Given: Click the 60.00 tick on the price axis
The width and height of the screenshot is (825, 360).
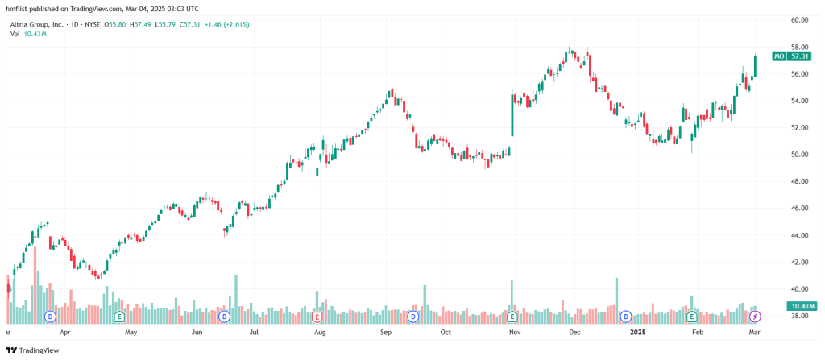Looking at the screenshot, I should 799,19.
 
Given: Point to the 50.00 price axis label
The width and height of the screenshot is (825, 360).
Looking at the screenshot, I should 799,154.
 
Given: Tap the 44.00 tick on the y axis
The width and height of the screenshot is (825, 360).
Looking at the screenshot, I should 799,235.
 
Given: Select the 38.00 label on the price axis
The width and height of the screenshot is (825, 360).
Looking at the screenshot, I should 799,317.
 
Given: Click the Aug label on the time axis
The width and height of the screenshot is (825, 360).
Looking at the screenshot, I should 320,331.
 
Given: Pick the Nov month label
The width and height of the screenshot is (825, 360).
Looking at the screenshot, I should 512,331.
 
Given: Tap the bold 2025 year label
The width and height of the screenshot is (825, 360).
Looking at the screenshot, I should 637,331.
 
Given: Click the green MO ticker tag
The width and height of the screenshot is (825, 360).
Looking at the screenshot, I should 778,56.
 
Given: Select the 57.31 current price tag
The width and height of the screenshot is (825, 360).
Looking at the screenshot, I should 799,56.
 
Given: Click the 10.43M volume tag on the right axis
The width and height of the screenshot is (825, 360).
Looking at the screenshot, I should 802,306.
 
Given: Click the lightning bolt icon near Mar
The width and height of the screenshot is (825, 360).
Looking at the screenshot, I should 755,316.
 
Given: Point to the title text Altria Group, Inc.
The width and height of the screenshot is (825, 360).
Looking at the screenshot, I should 35,24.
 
